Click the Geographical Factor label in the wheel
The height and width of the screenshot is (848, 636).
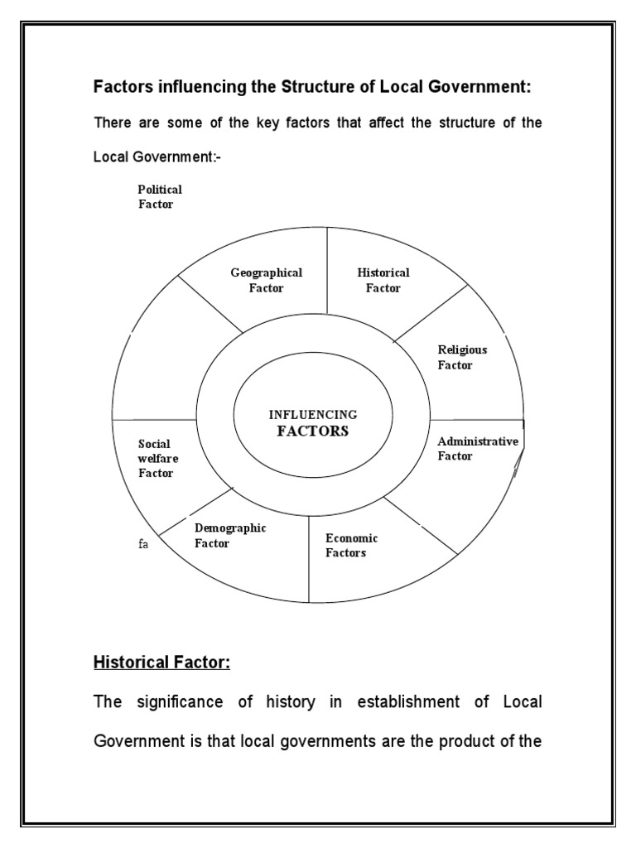point(266,281)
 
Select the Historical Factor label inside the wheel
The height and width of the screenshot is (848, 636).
point(383,281)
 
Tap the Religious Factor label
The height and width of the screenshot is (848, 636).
point(462,357)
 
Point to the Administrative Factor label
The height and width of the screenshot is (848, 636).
point(477,448)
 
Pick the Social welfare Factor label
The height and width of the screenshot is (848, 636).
point(157,459)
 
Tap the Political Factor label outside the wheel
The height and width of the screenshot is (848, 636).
point(159,197)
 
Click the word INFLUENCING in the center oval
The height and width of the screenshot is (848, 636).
point(313,414)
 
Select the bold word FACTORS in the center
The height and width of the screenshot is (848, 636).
point(312,431)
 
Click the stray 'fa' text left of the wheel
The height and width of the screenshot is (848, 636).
point(143,545)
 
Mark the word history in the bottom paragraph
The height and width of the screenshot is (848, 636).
point(291,702)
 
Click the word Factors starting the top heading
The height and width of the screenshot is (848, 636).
point(123,87)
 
